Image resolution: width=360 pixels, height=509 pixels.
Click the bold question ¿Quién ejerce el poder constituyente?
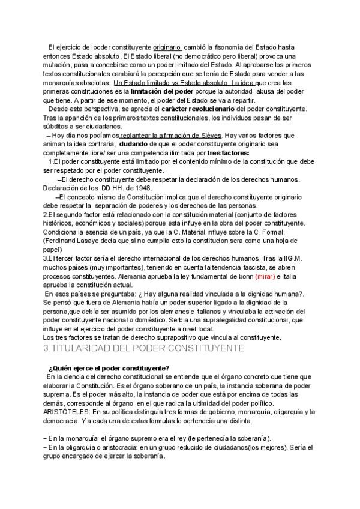[x=109, y=368]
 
